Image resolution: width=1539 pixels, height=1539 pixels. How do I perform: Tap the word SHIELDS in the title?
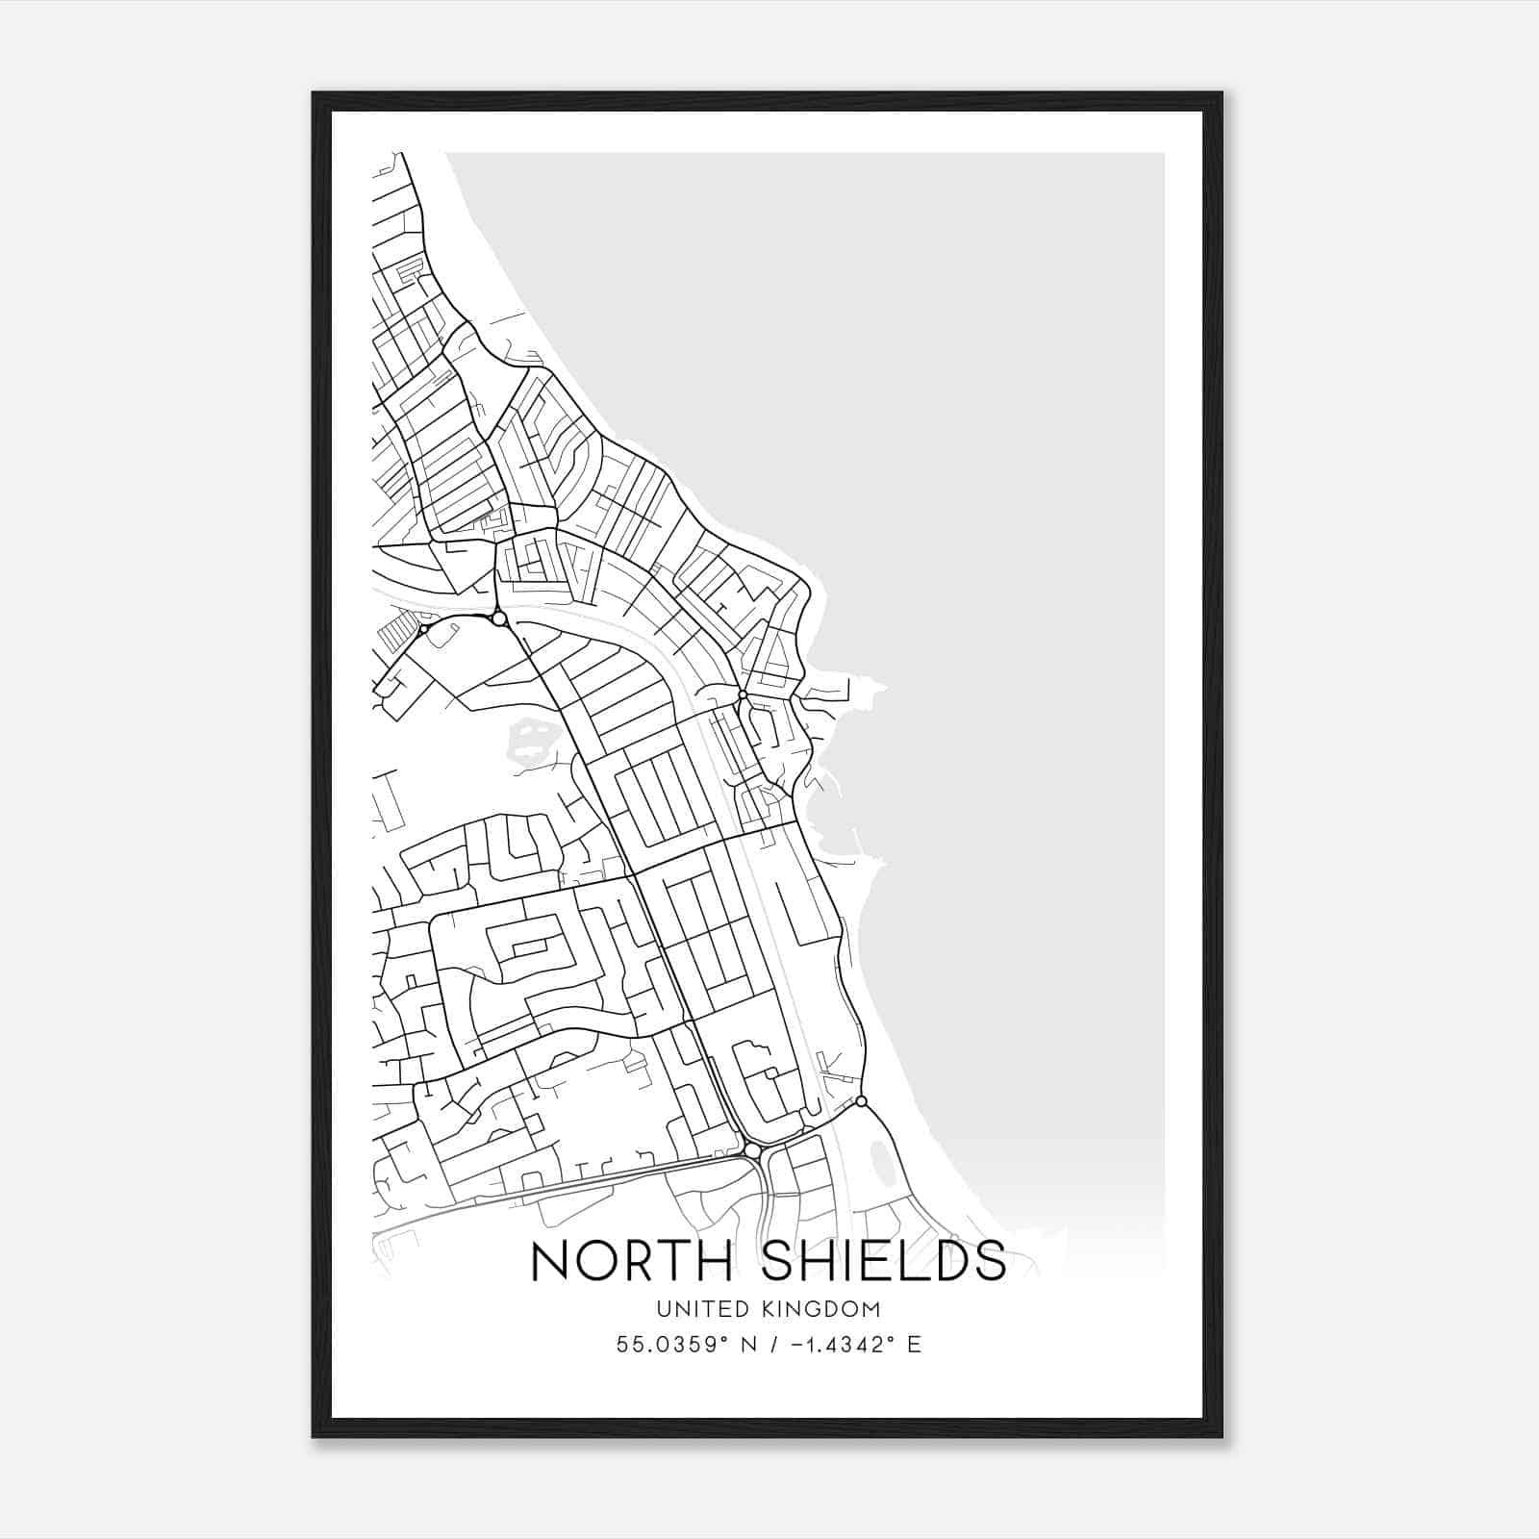click(x=883, y=1261)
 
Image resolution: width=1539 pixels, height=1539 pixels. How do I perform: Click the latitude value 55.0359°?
click(x=669, y=1345)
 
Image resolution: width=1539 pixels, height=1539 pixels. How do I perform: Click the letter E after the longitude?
click(x=914, y=1345)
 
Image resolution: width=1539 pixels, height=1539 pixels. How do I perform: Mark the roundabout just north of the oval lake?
click(x=861, y=1100)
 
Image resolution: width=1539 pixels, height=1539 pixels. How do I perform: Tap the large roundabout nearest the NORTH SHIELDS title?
click(x=752, y=1150)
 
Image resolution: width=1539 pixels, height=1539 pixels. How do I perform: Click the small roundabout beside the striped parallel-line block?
click(x=423, y=629)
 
